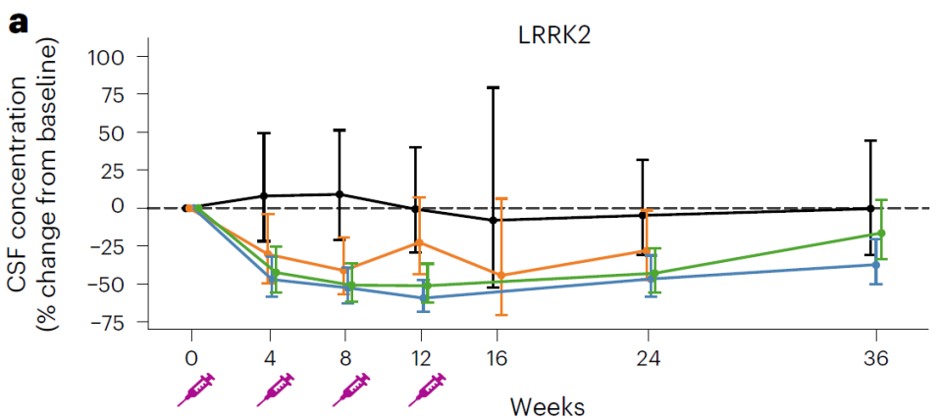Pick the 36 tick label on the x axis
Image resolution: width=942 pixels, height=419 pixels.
coord(876,359)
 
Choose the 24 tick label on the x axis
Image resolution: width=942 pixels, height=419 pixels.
coord(647,359)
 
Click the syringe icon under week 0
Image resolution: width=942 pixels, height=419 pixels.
coord(197,390)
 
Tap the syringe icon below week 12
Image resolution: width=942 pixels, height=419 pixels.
coord(426,390)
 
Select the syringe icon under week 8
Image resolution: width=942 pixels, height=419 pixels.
coord(350,390)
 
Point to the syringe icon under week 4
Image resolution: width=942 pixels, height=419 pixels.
coord(275,390)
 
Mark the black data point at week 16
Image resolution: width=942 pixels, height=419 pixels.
coord(493,221)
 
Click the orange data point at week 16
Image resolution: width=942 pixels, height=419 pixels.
coord(501,276)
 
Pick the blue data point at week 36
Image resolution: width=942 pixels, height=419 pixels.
coord(875,265)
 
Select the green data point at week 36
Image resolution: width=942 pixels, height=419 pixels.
coord(881,233)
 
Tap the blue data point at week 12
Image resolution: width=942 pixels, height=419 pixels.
coord(422,297)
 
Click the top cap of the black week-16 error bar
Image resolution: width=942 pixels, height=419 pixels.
coord(493,88)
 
